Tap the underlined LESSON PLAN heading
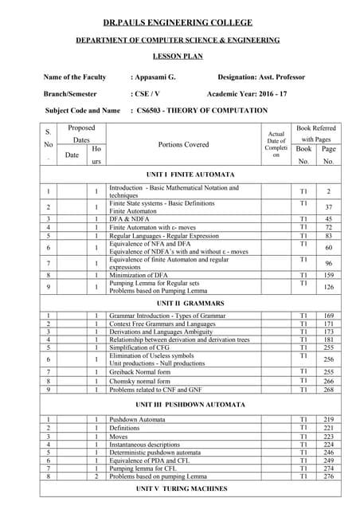[179, 57]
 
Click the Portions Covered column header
[183, 145]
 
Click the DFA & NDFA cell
[131, 218]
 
